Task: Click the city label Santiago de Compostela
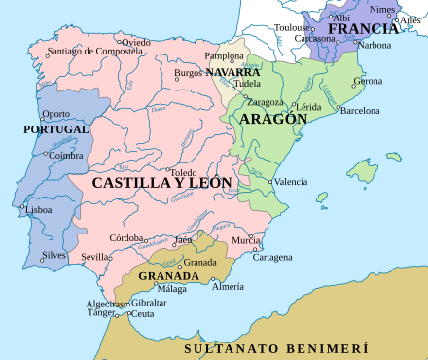coord(86,51)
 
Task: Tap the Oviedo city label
coord(136,42)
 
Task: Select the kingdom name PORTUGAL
coord(56,128)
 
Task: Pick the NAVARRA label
coord(232,72)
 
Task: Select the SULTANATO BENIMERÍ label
coord(277,347)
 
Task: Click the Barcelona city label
coord(358,111)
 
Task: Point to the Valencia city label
coord(290,182)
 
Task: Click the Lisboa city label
coord(39,209)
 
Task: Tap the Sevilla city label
coord(96,257)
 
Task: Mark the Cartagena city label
coord(272,257)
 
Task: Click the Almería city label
coord(228,286)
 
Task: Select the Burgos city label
coord(188,73)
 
